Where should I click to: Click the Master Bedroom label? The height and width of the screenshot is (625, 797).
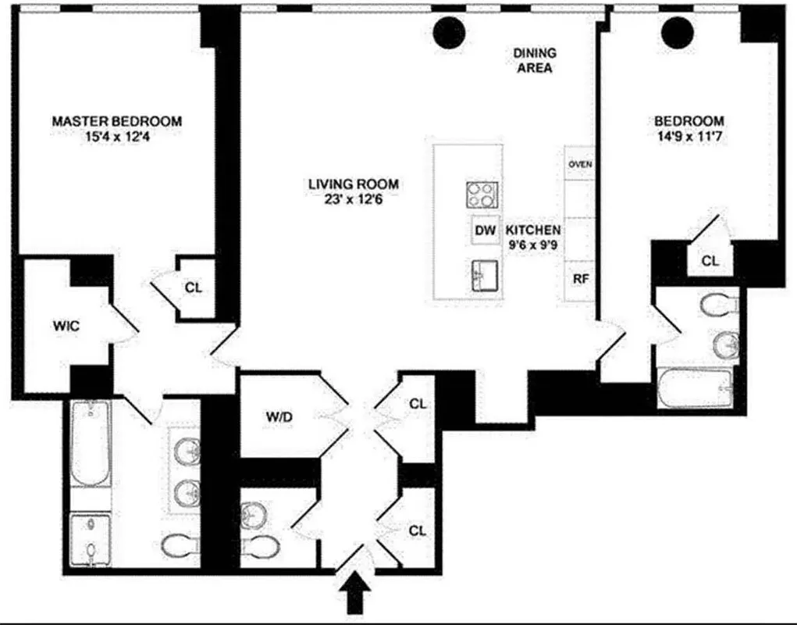pyautogui.click(x=117, y=121)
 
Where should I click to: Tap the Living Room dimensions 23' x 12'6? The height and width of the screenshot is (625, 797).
pyautogui.click(x=353, y=199)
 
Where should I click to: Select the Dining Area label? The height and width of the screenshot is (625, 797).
pyautogui.click(x=535, y=60)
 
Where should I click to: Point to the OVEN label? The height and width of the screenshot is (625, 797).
pyautogui.click(x=580, y=164)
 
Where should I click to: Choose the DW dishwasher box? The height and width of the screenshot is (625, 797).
pyautogui.click(x=485, y=230)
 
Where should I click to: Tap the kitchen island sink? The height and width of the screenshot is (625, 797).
pyautogui.click(x=483, y=275)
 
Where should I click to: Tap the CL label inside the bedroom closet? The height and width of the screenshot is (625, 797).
pyautogui.click(x=710, y=261)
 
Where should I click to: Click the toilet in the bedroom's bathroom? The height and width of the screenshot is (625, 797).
pyautogui.click(x=718, y=305)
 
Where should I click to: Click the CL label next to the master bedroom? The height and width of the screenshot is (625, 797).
pyautogui.click(x=194, y=287)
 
